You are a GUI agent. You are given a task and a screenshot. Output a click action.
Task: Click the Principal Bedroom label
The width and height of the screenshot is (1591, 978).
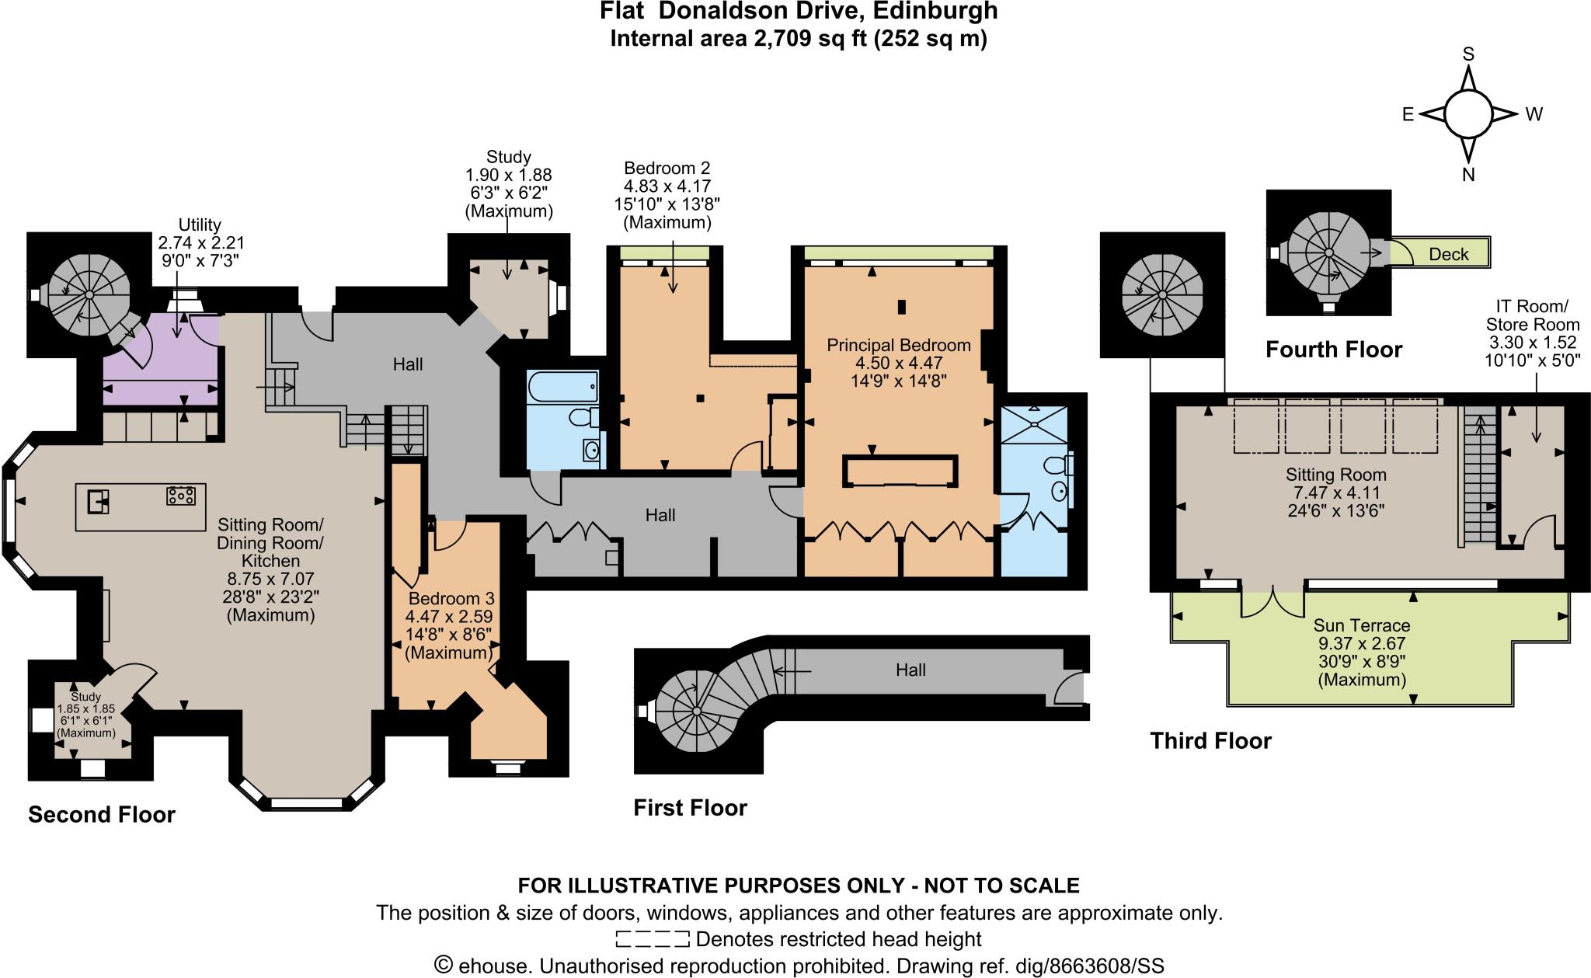(x=898, y=345)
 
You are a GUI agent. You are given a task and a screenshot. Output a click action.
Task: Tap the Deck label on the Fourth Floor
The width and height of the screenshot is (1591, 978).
(x=1448, y=254)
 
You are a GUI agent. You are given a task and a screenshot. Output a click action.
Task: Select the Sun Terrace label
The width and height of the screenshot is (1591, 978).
(x=1361, y=625)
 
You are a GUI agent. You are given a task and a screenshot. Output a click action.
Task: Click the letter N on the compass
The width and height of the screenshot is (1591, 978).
(x=1468, y=176)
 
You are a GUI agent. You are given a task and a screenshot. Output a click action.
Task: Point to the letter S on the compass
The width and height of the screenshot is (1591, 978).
(x=1468, y=54)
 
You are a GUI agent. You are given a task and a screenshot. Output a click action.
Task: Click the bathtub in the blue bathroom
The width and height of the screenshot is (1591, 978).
(x=562, y=385)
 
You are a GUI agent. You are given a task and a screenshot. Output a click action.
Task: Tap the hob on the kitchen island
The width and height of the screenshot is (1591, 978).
(x=180, y=495)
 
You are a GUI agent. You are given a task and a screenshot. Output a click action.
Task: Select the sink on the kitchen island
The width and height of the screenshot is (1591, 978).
(x=98, y=502)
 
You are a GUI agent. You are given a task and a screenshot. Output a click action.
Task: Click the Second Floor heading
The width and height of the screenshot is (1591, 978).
(x=102, y=814)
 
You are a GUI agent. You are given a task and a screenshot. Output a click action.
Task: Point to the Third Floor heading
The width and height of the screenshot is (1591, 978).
(x=1210, y=741)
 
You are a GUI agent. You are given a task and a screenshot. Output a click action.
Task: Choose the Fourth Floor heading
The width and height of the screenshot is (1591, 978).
(x=1333, y=350)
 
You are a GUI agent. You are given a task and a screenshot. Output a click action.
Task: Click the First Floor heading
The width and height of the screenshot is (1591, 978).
(x=690, y=808)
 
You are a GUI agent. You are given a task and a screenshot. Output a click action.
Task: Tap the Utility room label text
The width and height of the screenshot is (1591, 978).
(x=200, y=225)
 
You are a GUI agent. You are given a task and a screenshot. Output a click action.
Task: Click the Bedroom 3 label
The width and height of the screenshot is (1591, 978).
(x=451, y=599)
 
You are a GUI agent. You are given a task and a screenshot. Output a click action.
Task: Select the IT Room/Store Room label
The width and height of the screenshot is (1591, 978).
(x=1532, y=316)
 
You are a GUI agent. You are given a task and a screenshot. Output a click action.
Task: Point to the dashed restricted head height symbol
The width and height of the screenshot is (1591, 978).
(x=652, y=939)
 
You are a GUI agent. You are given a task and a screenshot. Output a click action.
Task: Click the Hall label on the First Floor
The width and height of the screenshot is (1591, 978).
(x=910, y=670)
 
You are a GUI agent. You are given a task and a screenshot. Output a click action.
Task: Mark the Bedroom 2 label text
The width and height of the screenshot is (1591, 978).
(x=667, y=169)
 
